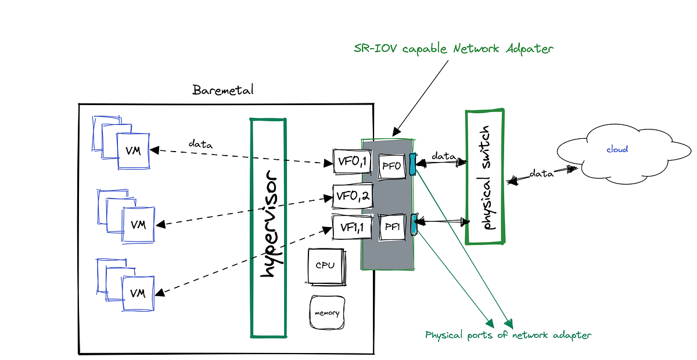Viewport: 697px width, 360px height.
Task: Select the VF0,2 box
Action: pos(351,197)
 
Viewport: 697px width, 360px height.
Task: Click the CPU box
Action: pos(325,266)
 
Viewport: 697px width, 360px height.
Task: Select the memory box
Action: pos(327,313)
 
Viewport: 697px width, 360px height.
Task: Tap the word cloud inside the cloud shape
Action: pos(617,149)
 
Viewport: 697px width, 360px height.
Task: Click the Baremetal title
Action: pos(223,91)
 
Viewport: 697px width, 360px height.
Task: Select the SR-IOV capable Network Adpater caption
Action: pos(454,49)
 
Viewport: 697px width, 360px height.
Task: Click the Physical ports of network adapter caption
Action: pos(508,335)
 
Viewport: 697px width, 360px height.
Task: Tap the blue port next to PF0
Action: pos(412,164)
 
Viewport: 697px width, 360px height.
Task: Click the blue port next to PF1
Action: pos(414,224)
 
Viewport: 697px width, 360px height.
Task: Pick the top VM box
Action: pos(134,150)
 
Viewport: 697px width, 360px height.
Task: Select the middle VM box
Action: pos(138,224)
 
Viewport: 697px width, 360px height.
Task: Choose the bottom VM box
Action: pos(138,293)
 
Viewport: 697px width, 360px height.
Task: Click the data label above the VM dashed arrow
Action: pos(200,143)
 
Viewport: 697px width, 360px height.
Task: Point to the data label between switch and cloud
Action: pos(540,174)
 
